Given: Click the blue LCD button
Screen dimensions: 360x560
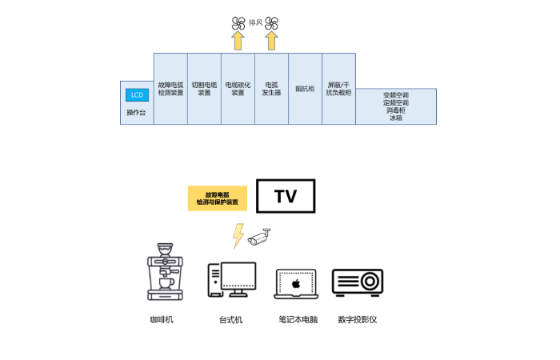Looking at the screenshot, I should [137, 95].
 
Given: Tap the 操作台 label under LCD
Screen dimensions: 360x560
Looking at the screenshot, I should [137, 113].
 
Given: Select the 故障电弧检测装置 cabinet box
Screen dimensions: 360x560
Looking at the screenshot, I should [170, 89].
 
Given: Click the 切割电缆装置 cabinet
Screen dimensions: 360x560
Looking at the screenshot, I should [204, 89].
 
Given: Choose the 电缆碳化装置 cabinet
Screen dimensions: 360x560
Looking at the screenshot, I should [238, 89].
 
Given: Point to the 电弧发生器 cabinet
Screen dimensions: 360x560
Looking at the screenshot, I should [271, 89].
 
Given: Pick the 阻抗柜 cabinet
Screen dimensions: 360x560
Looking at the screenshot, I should [305, 89].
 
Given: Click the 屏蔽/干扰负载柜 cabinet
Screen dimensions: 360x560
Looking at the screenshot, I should [338, 89].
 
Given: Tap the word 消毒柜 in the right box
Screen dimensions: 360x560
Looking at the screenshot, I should [396, 110].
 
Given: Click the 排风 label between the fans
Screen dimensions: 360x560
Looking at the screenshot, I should [254, 23].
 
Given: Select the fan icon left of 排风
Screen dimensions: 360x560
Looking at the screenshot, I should [238, 23].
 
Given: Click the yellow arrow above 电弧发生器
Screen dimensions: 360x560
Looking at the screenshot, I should [271, 41].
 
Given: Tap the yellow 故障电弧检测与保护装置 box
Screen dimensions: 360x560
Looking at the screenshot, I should [218, 198].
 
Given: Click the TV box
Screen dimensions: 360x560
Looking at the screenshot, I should [286, 196].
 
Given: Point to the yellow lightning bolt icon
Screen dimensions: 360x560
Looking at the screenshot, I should [238, 235].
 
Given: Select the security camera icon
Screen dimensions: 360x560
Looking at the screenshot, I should [260, 237].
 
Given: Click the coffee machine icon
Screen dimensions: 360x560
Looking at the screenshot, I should [165, 273].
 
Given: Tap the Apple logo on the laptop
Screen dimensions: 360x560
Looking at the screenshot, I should [295, 283].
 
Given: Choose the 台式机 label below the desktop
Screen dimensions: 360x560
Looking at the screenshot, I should [230, 320].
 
